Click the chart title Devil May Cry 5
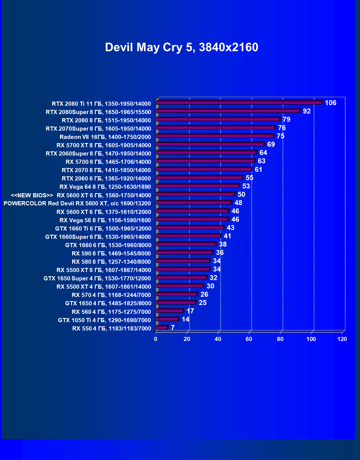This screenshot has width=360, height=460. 181,47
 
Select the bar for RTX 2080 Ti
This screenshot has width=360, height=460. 239,103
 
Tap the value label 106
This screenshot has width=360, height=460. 330,103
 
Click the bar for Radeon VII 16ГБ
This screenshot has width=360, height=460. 215,136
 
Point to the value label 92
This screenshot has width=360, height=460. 307,111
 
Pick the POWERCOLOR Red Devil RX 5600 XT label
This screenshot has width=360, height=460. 77,203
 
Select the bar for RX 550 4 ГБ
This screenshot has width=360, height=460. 162,328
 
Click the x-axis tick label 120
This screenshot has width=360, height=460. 342,339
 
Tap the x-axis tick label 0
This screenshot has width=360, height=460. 156,339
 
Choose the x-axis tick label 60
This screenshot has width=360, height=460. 249,339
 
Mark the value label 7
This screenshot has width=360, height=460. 173,328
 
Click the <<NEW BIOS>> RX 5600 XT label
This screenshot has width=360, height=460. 81,195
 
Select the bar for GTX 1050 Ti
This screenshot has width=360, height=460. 167,319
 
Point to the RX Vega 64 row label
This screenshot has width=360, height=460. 105,187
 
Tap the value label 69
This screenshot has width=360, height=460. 271,144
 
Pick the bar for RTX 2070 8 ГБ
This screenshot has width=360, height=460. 204,169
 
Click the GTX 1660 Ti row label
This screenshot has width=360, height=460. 103,229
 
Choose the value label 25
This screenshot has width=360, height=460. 202,303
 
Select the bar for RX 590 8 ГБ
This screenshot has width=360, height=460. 184,252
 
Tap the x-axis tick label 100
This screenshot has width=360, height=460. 311,339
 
